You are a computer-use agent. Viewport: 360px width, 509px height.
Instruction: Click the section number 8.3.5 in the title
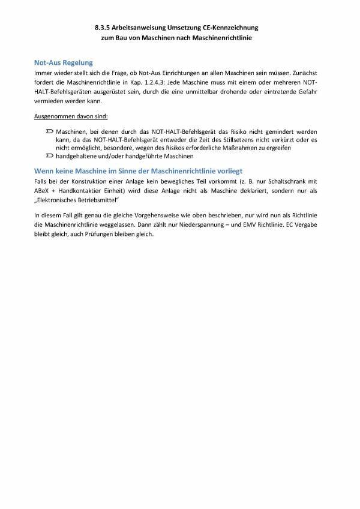coord(103,28)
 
